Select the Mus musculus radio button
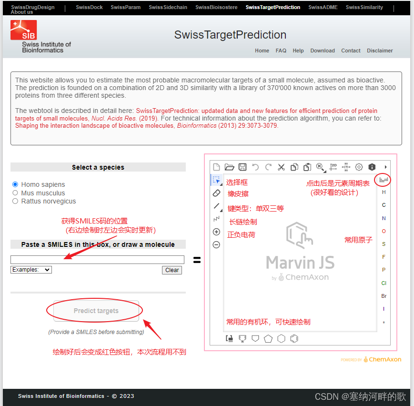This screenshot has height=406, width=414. point(15,193)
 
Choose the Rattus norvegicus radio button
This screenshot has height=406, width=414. point(15,201)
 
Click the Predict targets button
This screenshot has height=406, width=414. point(96,311)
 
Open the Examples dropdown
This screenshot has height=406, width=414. point(31,270)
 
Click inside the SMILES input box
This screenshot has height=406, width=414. point(97,260)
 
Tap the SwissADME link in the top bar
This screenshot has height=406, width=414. point(323,8)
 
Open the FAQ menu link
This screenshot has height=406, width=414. point(281,51)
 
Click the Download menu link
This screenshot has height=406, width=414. point(323,51)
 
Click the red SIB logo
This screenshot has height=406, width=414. point(23,30)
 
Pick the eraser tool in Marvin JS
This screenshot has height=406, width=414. point(216,193)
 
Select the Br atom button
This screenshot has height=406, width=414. point(384,296)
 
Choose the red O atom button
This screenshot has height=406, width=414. point(384,231)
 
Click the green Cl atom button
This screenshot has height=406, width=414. point(384,283)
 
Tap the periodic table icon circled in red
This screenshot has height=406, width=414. point(384,180)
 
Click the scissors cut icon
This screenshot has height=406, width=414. point(281,167)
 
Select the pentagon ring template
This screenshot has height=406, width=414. point(268,339)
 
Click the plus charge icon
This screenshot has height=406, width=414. point(216,232)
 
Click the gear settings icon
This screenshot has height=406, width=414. point(359,167)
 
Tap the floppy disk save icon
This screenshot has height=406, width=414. point(242,167)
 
